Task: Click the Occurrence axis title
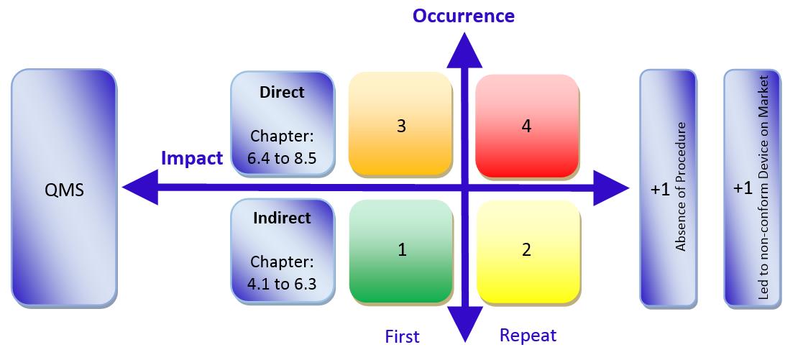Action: [x=463, y=16]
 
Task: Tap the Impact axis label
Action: [x=192, y=158]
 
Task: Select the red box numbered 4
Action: [x=527, y=126]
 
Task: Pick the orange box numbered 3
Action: [x=401, y=125]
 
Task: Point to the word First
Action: [x=402, y=336]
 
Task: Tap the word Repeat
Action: [x=528, y=336]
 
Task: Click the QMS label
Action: [x=64, y=190]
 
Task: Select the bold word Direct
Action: [x=282, y=93]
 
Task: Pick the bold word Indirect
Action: [x=282, y=218]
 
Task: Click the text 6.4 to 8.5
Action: [x=282, y=158]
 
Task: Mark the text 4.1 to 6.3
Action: [x=282, y=284]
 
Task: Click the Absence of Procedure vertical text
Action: [x=681, y=187]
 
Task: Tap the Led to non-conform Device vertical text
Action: [x=763, y=187]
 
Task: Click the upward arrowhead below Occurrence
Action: [x=464, y=50]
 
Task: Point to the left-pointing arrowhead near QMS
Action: [x=140, y=188]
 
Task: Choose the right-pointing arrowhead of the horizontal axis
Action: [x=611, y=188]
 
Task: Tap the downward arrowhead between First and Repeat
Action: [x=464, y=324]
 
